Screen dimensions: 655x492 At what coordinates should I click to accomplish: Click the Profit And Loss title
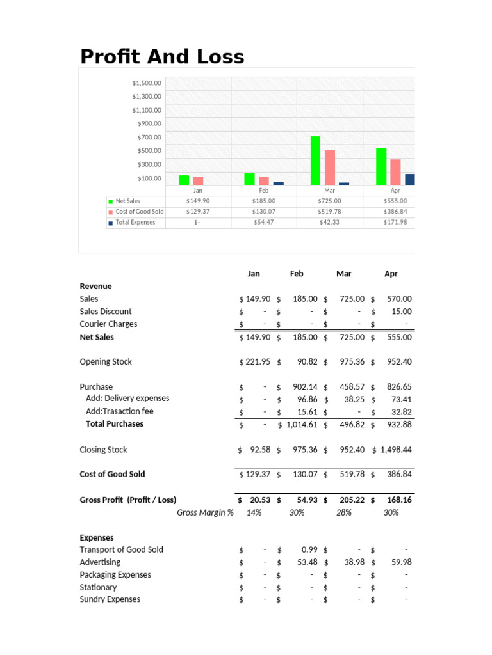click(x=162, y=56)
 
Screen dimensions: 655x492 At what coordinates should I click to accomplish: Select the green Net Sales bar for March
click(x=315, y=161)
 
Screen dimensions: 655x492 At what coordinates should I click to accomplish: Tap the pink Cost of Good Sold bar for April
click(x=395, y=172)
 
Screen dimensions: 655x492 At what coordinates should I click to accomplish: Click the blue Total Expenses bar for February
click(x=278, y=183)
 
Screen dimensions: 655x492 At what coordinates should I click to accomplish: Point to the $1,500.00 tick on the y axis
click(x=147, y=83)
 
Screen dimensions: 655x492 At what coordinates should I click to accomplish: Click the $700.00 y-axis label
click(x=149, y=138)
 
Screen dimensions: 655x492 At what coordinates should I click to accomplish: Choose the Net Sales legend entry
click(x=127, y=201)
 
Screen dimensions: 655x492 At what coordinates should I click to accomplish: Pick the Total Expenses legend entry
click(x=135, y=223)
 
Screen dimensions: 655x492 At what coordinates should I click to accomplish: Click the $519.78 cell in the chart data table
click(x=329, y=212)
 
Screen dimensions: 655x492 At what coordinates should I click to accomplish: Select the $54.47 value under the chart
click(x=263, y=223)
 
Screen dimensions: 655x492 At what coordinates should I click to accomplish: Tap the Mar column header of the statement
click(x=344, y=274)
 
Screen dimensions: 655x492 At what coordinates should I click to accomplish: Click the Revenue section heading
click(x=95, y=287)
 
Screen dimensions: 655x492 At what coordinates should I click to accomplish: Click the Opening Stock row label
click(x=106, y=362)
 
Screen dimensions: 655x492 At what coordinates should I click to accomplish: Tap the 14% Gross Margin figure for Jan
click(x=254, y=512)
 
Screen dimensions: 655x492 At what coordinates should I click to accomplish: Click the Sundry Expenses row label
click(x=110, y=599)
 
